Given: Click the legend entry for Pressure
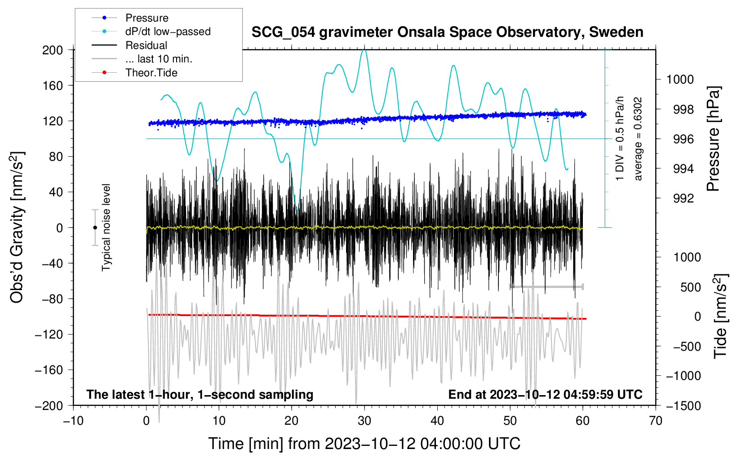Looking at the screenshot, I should point(147,18).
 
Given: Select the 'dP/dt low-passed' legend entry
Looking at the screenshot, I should point(168,31).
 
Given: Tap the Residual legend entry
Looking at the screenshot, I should point(146,45).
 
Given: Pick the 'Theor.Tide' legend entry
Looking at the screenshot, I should point(151,73).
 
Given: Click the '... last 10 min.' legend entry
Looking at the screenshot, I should point(159,59).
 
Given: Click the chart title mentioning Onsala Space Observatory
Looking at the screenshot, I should point(447,32).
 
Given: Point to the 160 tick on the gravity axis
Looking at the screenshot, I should point(53,85).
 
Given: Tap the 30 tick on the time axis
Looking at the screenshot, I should point(364,421).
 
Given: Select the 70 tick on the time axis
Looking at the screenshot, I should point(656,421).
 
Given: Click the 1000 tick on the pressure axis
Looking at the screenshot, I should point(680,79).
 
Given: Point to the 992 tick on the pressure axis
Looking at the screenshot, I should point(683,198).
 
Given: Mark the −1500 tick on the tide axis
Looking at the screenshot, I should point(684,405).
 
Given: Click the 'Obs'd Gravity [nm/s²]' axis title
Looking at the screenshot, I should point(17,227).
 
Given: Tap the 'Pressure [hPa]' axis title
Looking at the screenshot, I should point(714,139).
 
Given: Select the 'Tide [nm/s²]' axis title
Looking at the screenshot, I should point(720,316).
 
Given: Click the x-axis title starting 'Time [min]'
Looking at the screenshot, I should point(364,444).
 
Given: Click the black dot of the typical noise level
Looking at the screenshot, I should point(95,228).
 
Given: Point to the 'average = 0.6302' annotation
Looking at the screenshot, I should point(638,139).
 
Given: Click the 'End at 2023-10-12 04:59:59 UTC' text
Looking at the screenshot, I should point(545,395).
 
